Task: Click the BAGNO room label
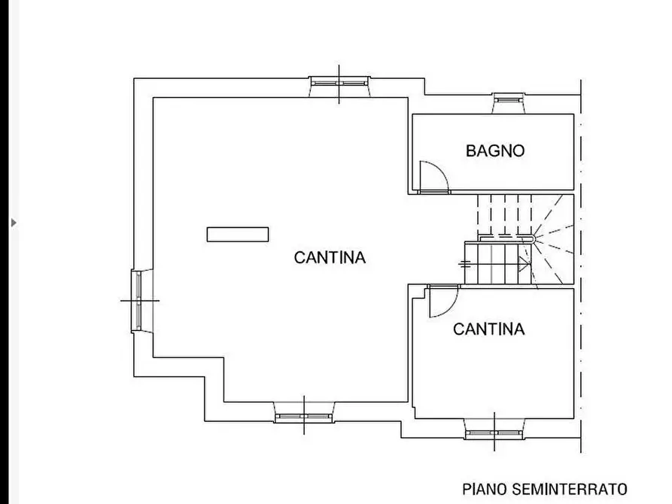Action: click(495, 150)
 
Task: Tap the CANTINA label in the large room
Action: click(330, 258)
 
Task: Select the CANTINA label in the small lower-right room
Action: click(488, 329)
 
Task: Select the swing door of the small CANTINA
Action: click(441, 302)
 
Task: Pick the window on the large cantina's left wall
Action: click(138, 300)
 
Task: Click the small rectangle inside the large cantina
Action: click(238, 235)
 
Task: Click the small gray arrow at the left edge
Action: click(13, 223)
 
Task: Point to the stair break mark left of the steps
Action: click(464, 263)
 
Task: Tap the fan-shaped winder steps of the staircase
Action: click(555, 241)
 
